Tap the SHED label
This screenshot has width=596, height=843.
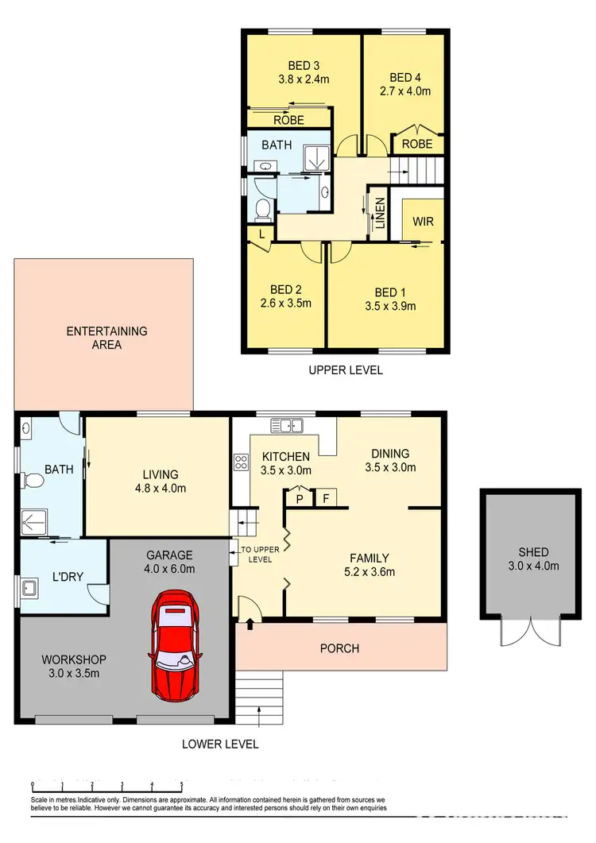[533, 552]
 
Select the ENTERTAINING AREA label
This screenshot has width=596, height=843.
[106, 338]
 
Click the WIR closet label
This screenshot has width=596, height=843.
[424, 222]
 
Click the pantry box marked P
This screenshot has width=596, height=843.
[299, 499]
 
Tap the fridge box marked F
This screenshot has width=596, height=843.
[324, 499]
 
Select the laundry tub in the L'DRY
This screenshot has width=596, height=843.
[29, 588]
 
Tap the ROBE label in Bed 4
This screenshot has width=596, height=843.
[417, 144]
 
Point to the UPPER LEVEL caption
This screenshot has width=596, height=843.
[345, 369]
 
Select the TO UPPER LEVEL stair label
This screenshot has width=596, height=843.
[256, 554]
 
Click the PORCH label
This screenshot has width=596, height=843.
[339, 648]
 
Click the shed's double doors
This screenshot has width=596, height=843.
[528, 632]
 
